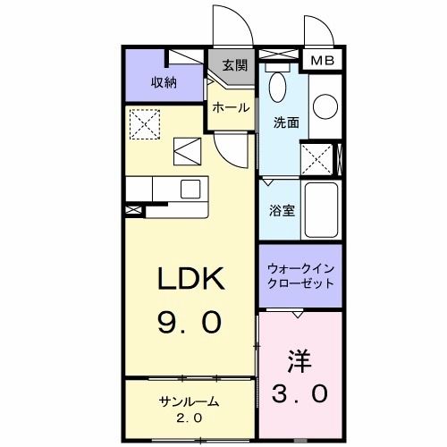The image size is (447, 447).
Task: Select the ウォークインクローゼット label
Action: [301, 275]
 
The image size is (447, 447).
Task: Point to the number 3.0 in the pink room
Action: [299, 392]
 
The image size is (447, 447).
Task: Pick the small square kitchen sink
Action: [190, 189]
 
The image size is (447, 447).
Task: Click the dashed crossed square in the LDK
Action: [143, 124]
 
